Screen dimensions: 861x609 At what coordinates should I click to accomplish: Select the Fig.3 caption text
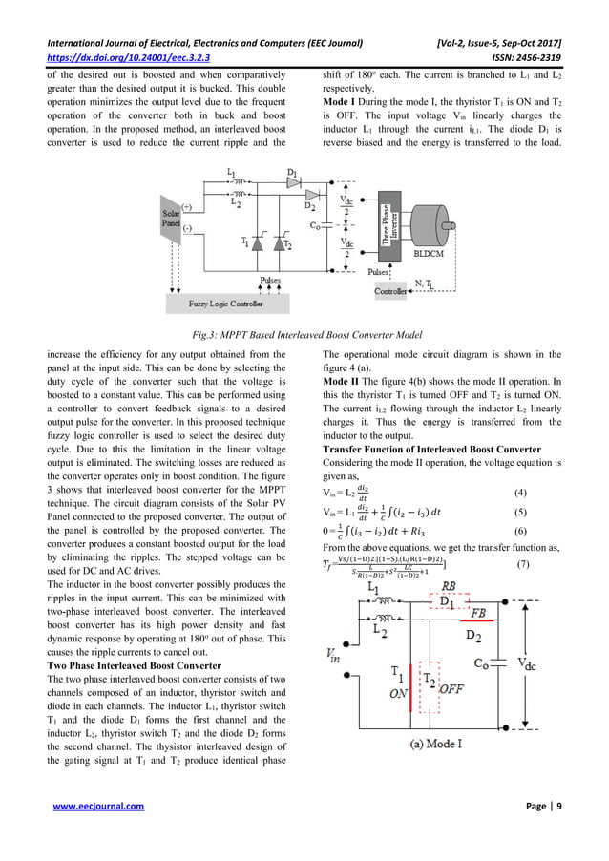click(x=304, y=332)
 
